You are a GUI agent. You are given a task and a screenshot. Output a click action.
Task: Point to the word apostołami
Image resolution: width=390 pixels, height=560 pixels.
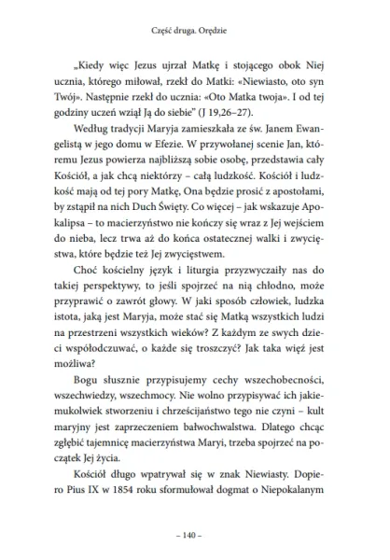coord(323,217)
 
